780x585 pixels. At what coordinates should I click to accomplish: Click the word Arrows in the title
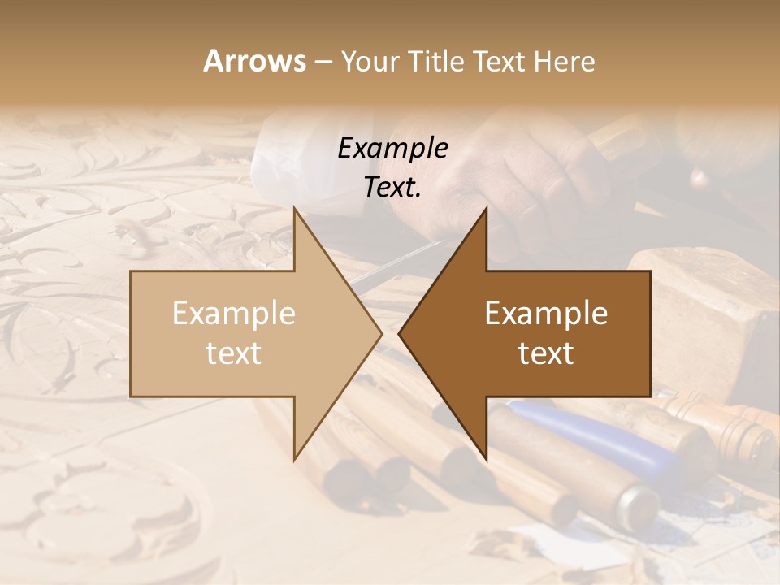254,61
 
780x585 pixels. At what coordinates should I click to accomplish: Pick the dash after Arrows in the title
323,63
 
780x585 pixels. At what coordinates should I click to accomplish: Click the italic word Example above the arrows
393,148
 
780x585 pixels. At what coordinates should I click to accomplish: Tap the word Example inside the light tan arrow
234,314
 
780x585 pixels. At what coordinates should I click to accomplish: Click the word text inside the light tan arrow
234,353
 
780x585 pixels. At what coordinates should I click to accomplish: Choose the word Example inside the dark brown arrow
546,314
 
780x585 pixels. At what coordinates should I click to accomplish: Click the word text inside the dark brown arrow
546,353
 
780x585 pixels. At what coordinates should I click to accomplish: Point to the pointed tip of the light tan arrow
381,333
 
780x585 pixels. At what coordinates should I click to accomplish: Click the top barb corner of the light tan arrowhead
295,208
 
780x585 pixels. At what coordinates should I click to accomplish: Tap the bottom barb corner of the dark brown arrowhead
486,458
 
